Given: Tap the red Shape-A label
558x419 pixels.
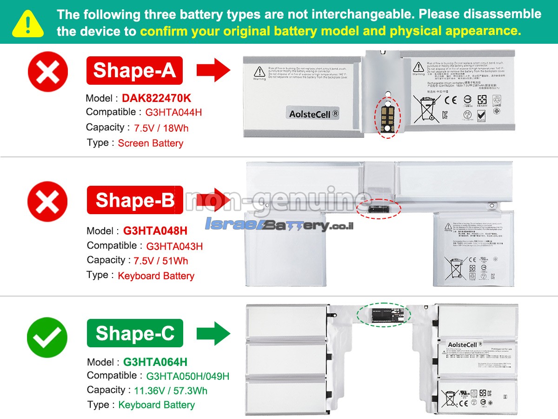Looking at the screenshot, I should point(134,70).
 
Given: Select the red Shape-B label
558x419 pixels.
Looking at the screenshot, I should point(135,200).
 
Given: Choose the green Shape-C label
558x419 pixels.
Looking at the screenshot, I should point(135,333).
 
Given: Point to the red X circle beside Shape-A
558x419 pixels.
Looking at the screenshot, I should point(48,72).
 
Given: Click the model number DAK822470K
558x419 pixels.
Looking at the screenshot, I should point(156,98).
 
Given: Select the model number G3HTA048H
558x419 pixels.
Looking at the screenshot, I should point(155,231).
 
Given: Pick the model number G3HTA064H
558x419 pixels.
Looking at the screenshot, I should point(155,362).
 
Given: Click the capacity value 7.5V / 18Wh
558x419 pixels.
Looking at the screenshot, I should point(161,128).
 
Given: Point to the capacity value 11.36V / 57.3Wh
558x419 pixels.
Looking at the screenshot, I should point(171,391).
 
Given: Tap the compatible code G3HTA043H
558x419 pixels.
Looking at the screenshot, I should point(174,246).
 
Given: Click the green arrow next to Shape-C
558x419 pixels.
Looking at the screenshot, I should point(213,334).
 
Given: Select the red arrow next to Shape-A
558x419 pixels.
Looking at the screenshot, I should point(213,71).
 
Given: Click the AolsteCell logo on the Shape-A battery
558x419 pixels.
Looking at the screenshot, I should point(313,113).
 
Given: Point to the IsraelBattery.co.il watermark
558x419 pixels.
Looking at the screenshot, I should point(279,225).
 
